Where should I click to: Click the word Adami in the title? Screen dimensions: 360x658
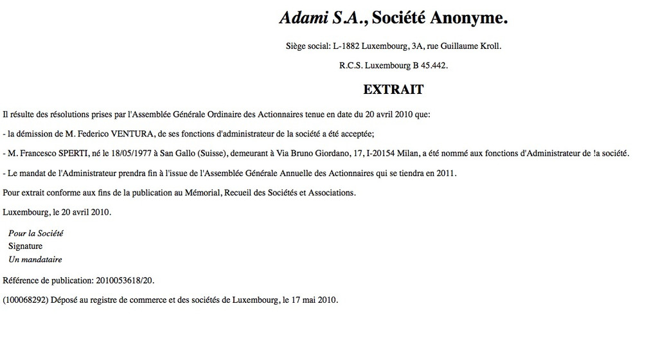(303, 19)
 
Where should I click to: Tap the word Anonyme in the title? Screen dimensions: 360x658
(468, 19)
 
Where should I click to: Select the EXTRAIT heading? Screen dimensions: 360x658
(393, 89)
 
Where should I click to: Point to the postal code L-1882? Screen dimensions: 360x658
(346, 46)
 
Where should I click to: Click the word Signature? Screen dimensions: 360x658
(25, 246)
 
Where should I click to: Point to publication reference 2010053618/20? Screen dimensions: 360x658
(125, 280)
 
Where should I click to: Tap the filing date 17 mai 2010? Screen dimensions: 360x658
(311, 300)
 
